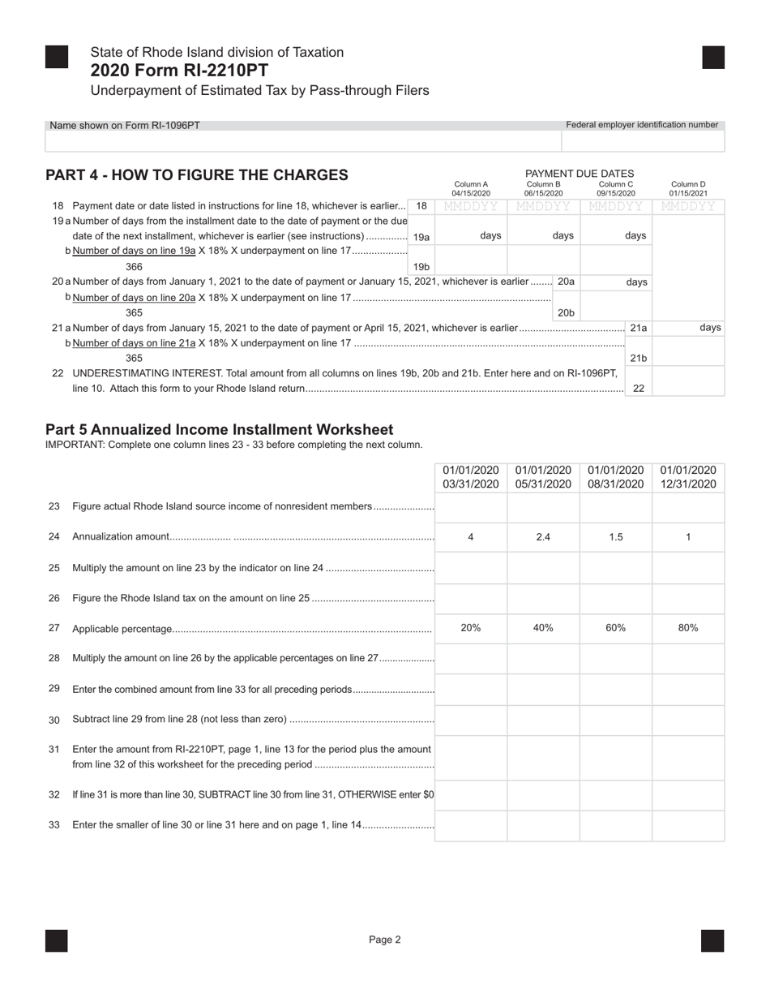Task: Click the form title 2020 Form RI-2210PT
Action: point(179,71)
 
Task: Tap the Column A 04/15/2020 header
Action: point(471,189)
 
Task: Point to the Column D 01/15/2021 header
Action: point(688,189)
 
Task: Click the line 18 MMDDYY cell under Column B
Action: point(543,207)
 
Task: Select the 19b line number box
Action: point(421,266)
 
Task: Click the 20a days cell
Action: point(617,282)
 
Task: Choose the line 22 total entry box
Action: point(688,381)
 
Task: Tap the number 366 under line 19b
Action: point(135,266)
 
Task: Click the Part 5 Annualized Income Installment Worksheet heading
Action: point(219,430)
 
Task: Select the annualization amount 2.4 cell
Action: point(543,537)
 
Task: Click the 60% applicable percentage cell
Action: point(616,628)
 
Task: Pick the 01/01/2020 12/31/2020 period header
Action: point(688,477)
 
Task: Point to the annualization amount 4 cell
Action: point(471,537)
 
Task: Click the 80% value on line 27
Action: point(688,628)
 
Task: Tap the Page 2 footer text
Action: point(385,940)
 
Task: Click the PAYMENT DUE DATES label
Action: point(580,174)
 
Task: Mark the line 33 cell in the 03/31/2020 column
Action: point(471,826)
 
